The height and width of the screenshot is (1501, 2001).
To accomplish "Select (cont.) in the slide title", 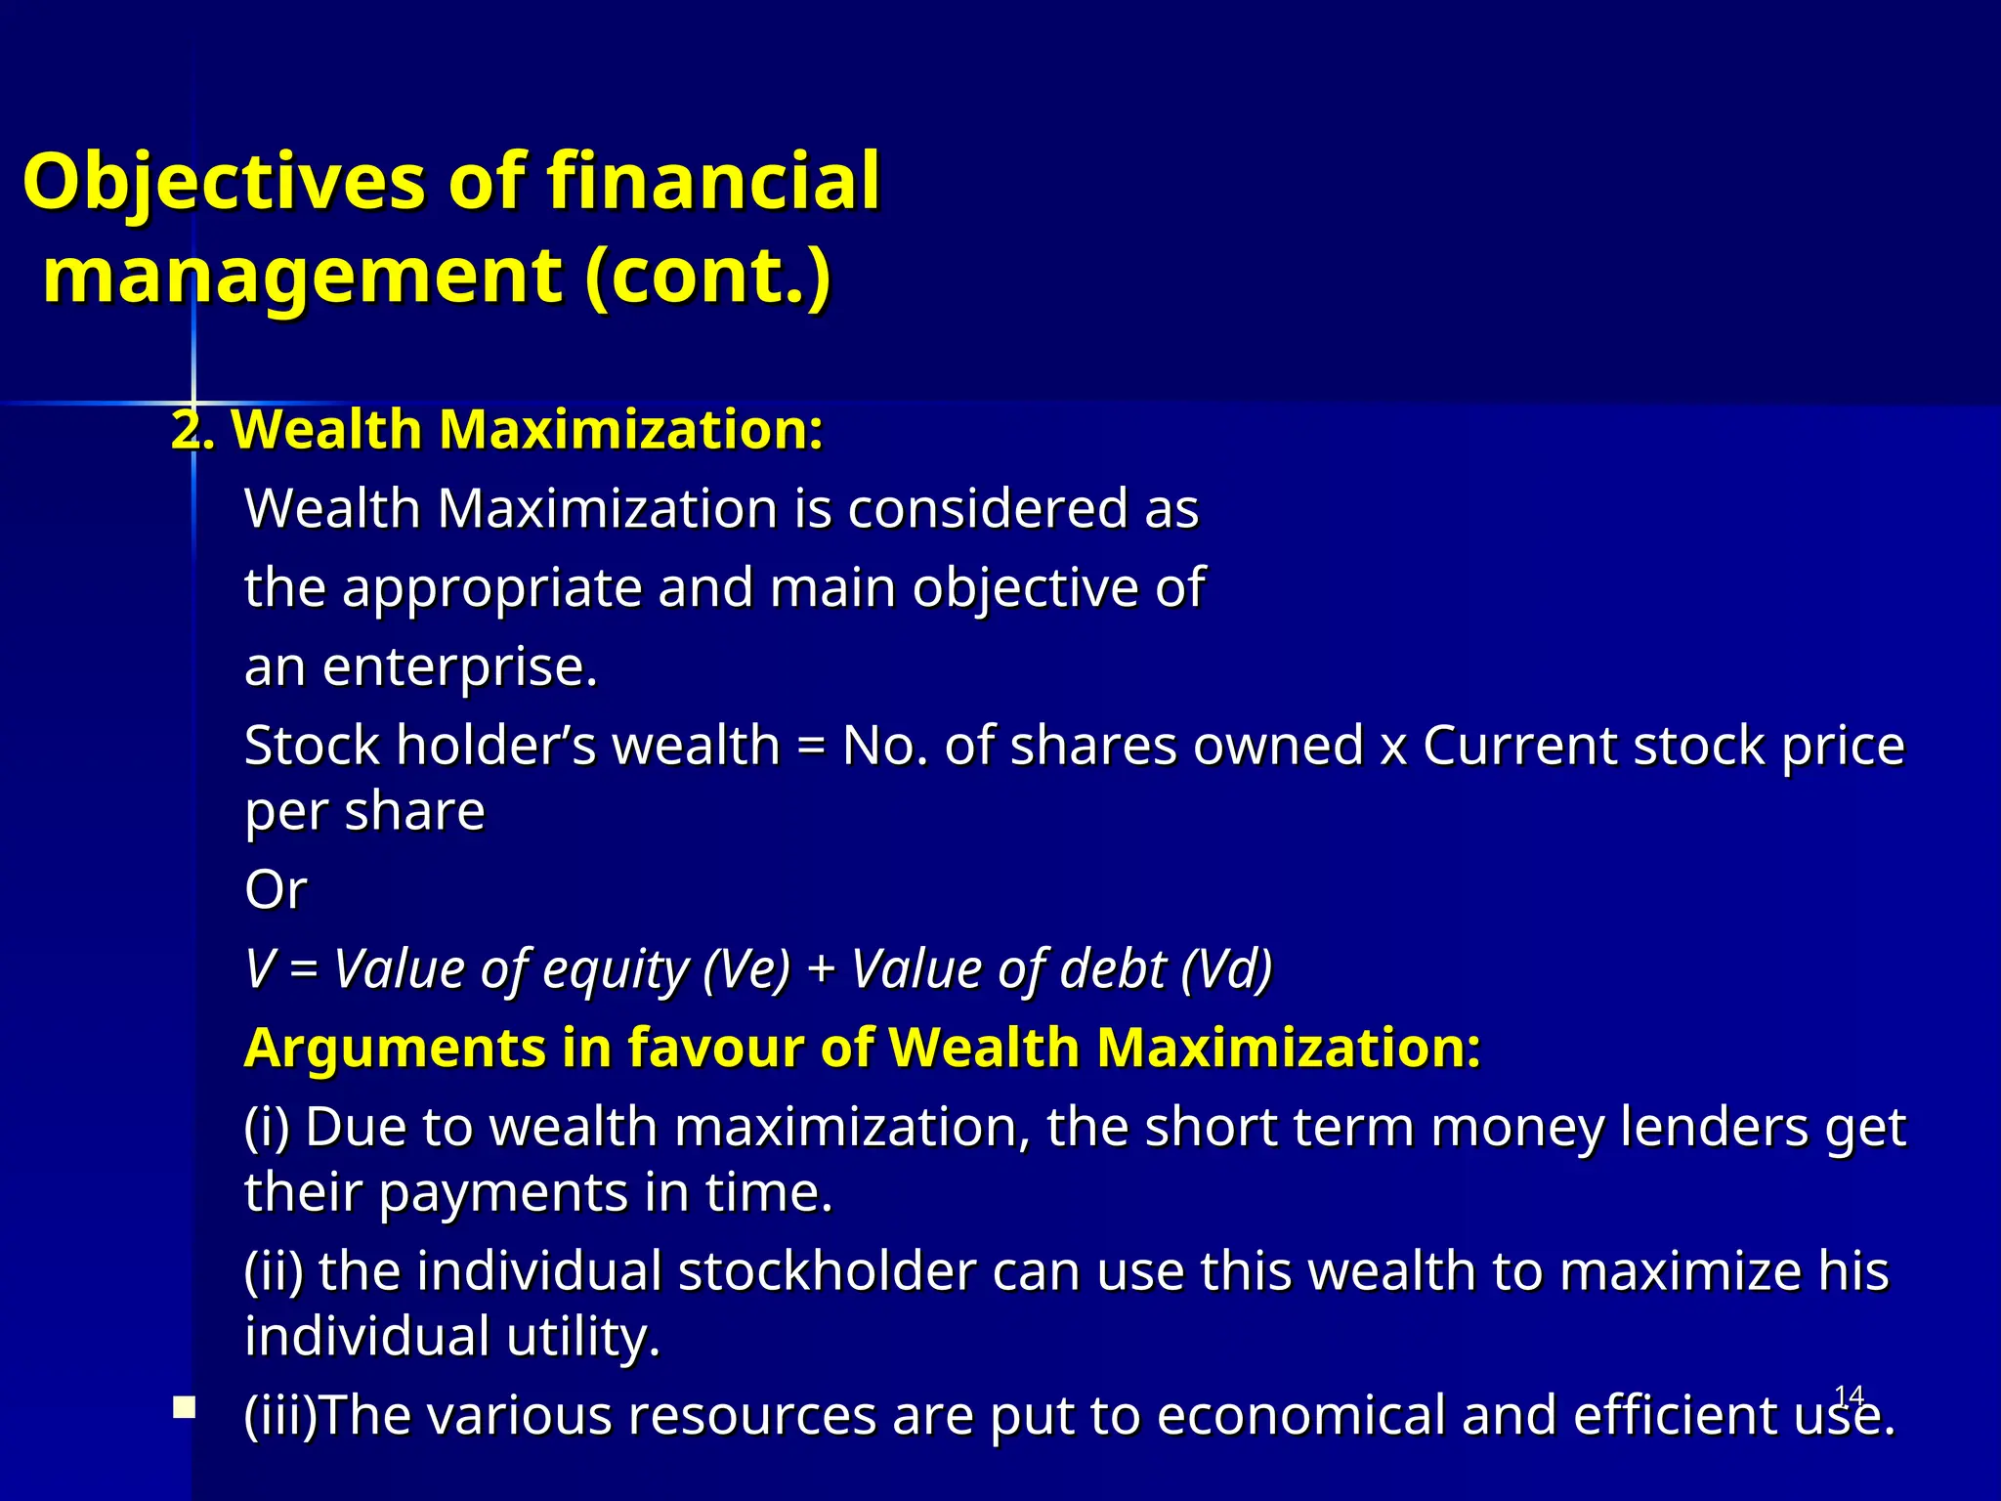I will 707,276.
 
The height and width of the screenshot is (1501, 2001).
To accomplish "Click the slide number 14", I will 1849,1395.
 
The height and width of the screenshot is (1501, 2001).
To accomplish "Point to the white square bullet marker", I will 184,1407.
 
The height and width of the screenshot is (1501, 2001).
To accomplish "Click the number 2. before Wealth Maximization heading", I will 192,430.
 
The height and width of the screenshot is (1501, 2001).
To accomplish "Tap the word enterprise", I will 459,668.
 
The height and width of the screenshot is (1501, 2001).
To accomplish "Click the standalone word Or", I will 276,890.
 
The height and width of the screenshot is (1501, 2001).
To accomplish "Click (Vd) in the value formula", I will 1226,969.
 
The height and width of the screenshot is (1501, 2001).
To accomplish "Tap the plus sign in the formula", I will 822,969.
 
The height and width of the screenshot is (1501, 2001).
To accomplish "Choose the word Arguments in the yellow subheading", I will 394,1049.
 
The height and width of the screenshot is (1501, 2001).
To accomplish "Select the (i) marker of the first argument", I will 267,1128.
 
